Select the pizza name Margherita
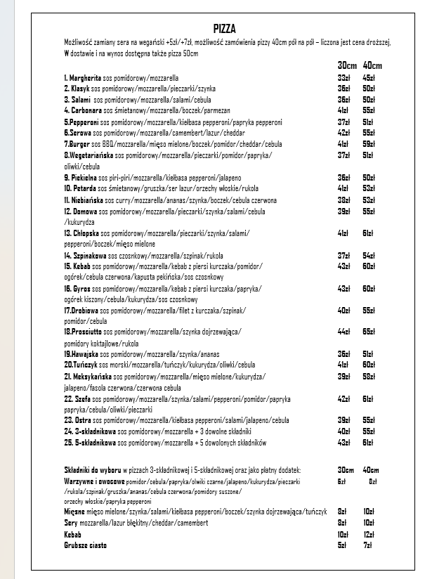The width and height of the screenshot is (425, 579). pos(86,77)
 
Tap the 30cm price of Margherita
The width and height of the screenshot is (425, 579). pos(344,77)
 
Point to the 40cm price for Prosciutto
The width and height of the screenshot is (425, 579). pos(368,331)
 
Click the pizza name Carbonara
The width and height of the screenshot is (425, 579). pos(84,110)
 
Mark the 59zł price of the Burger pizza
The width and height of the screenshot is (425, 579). pos(368,143)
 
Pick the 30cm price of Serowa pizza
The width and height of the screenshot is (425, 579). pos(344,132)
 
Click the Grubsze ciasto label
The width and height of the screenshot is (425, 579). pos(85,545)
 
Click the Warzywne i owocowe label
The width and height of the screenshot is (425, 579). pos(94,481)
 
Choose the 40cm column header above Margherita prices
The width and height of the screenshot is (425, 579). pos(372,65)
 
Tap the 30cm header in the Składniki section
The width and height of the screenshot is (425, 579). pos(346,469)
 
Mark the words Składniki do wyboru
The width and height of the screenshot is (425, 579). pos(96,469)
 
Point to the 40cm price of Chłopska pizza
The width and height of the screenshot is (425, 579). pos(368,233)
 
